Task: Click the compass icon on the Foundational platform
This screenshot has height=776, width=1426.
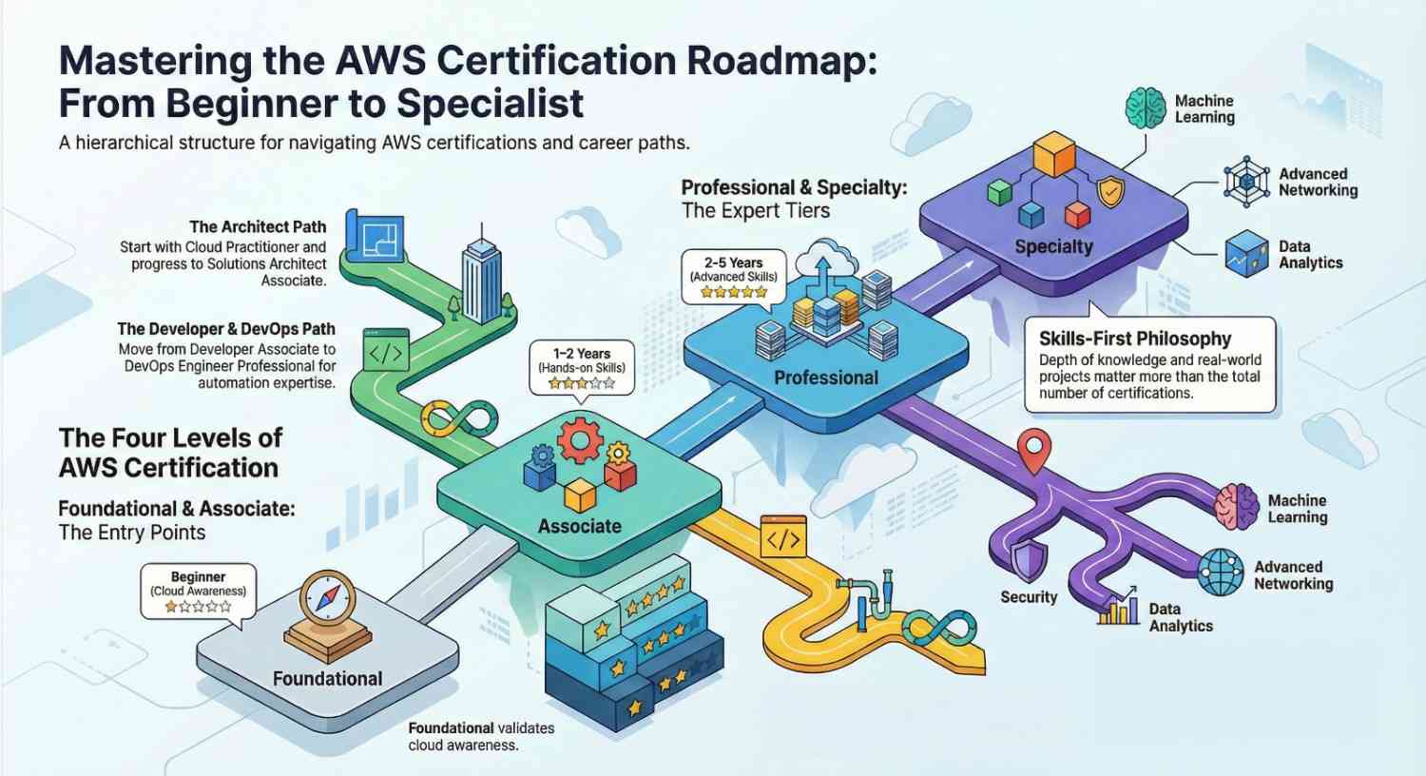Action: pos(327,600)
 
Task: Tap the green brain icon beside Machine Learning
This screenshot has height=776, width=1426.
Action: pos(1146,107)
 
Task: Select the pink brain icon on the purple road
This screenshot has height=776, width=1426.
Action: pos(1237,506)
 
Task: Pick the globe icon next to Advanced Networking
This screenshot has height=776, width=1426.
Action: pos(1221,572)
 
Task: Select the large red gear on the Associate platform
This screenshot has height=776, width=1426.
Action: pos(580,442)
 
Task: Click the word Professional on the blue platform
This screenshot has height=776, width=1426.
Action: pos(825,378)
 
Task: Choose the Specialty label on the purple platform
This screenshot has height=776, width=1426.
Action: pos(1053,246)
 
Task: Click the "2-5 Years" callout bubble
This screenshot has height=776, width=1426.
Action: pos(733,276)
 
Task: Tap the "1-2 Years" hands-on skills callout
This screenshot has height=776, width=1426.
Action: pos(581,367)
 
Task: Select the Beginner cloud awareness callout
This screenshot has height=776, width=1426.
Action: pos(198,591)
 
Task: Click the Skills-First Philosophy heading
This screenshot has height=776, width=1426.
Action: pos(1134,339)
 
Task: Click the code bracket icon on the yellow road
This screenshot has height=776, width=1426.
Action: pos(783,538)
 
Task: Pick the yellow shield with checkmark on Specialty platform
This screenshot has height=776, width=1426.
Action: pos(1109,191)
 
